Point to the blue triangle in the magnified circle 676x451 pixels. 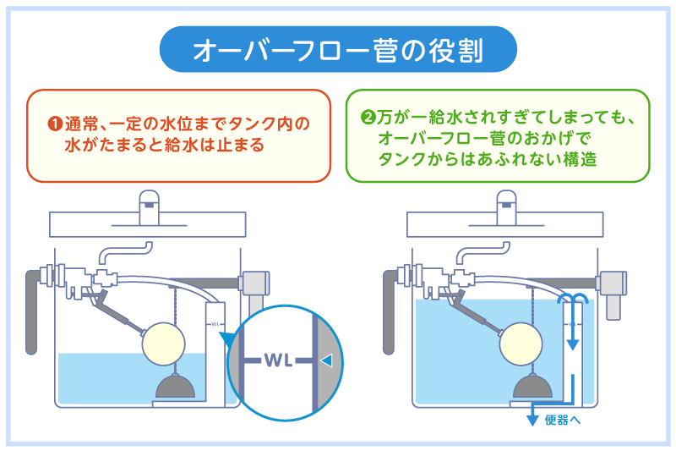[326, 360]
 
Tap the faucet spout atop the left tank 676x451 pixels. [150, 203]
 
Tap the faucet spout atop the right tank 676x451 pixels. [507, 203]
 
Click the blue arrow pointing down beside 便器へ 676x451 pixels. [532, 415]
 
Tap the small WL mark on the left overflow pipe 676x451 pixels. [216, 323]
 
